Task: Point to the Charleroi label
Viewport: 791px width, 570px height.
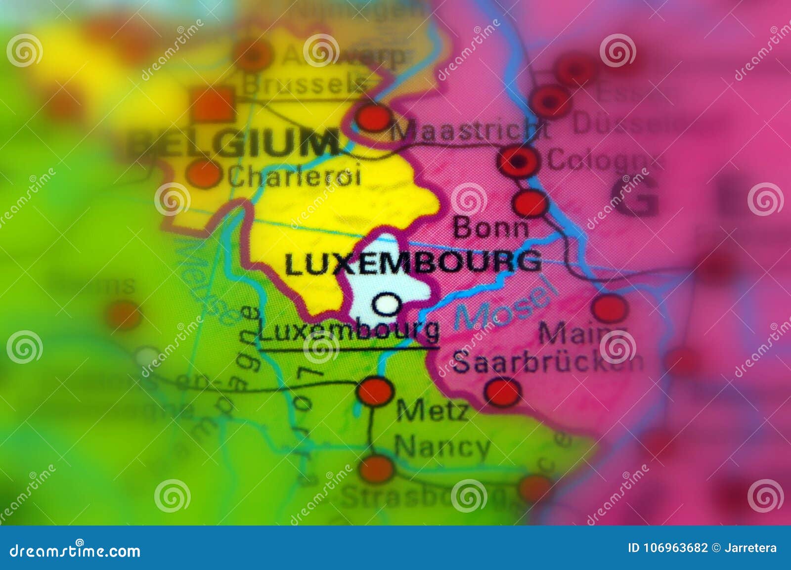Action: pyautogui.click(x=295, y=176)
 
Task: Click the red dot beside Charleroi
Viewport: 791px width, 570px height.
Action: pyautogui.click(x=203, y=174)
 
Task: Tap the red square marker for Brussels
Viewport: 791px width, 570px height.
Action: pyautogui.click(x=213, y=104)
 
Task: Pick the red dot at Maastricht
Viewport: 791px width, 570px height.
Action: pyautogui.click(x=374, y=118)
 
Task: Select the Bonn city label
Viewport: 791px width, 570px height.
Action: pyautogui.click(x=490, y=228)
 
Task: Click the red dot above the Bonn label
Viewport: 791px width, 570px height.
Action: pyautogui.click(x=530, y=203)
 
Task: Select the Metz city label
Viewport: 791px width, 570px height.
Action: pyautogui.click(x=433, y=410)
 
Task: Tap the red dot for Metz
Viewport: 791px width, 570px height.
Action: pyautogui.click(x=375, y=391)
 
